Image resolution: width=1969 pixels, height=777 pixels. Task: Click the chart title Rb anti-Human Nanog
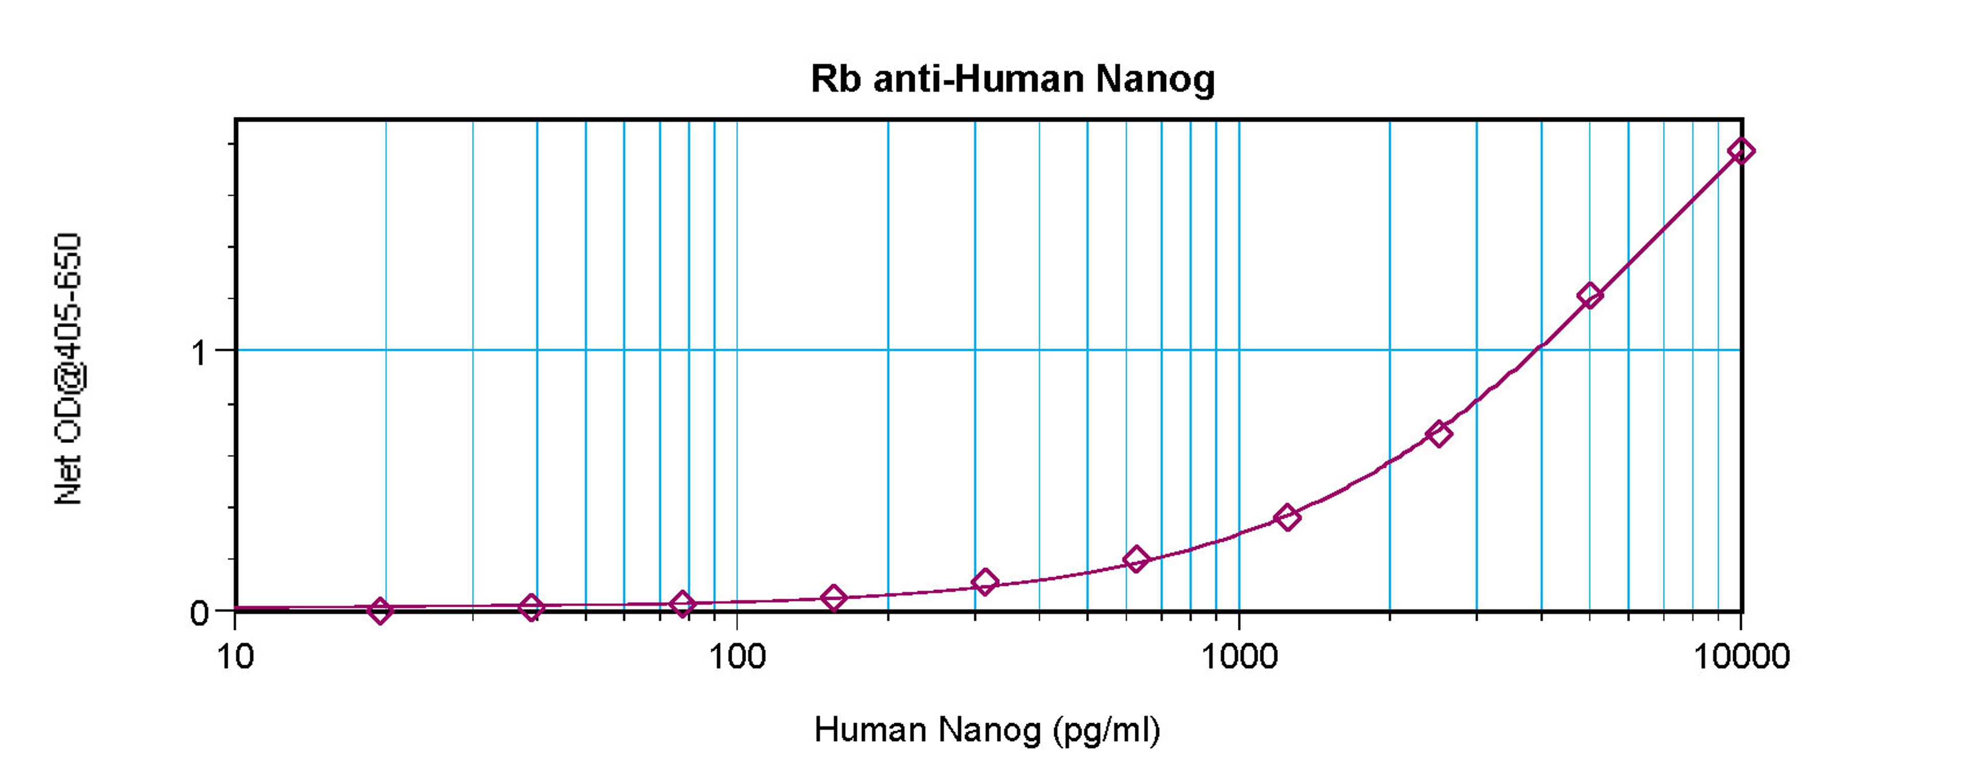[x=1012, y=79]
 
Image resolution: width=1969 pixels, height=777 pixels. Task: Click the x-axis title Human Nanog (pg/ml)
[x=987, y=730]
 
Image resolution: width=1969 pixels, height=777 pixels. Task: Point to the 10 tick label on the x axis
[x=235, y=656]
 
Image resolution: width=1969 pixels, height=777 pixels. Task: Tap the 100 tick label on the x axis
[x=737, y=656]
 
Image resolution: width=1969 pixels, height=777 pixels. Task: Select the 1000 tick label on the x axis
[x=1239, y=656]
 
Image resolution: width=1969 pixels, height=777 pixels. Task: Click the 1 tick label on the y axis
[x=199, y=353]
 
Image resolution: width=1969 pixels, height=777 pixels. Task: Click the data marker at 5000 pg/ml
[x=1590, y=295]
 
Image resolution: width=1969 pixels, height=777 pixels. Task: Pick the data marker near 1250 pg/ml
[x=1287, y=517]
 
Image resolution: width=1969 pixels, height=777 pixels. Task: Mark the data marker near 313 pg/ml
[x=985, y=582]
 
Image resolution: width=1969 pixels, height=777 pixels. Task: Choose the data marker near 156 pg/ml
[x=834, y=598]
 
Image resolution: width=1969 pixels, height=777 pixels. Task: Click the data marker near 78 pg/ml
[x=682, y=604]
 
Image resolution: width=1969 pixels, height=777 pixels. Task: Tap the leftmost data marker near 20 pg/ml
[x=380, y=610]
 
